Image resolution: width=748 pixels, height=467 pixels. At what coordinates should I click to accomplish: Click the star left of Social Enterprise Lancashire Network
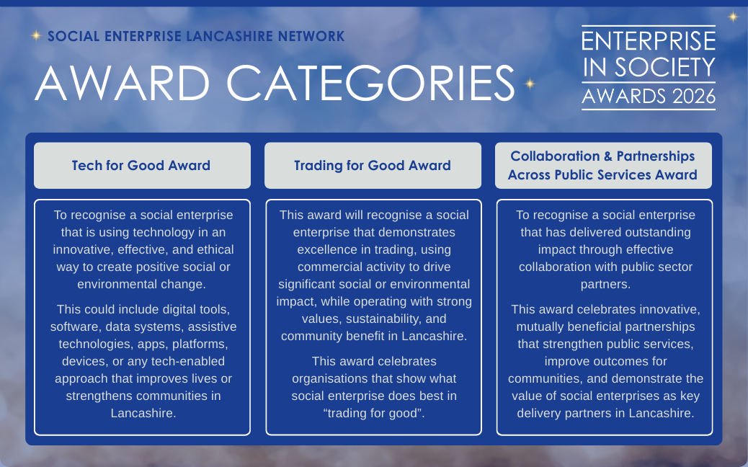pos(36,35)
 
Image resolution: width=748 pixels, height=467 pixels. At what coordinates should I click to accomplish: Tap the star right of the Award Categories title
pos(530,84)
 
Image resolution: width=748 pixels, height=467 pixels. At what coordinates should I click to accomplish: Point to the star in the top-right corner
pos(733,17)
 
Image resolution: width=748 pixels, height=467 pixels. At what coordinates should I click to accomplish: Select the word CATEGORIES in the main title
pos(370,83)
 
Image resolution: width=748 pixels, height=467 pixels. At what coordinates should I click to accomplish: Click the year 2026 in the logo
pos(694,97)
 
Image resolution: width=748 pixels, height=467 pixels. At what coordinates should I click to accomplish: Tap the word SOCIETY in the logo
pos(664,67)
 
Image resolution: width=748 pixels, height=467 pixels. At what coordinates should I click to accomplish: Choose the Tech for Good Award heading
pos(141,166)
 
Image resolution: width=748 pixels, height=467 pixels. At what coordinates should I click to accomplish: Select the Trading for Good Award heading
pos(373,166)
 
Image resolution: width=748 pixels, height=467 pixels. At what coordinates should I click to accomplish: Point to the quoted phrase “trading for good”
pos(374,413)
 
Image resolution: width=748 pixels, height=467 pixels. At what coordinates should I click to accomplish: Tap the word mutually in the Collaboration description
pos(538,326)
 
